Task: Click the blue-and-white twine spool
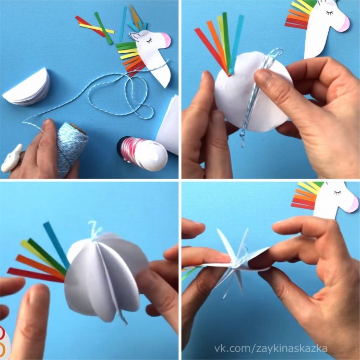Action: pyautogui.click(x=71, y=149)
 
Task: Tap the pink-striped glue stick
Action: pyautogui.click(x=143, y=153)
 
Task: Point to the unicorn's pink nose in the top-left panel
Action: pyautogui.click(x=166, y=40)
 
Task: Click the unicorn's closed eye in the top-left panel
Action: pyautogui.click(x=149, y=41)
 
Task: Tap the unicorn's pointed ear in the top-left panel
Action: pyautogui.click(x=136, y=37)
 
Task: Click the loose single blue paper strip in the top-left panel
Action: pyautogui.click(x=123, y=23)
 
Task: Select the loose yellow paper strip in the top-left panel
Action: pyautogui.click(x=97, y=29)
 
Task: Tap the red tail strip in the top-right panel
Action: pyautogui.click(x=212, y=52)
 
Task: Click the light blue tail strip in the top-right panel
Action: pyautogui.click(x=237, y=44)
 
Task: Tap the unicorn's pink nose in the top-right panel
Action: pyautogui.click(x=344, y=24)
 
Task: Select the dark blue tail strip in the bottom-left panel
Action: pyautogui.click(x=56, y=245)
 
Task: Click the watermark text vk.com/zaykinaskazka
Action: pyautogui.click(x=271, y=349)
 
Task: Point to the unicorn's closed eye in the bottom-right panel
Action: pyautogui.click(x=338, y=193)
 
